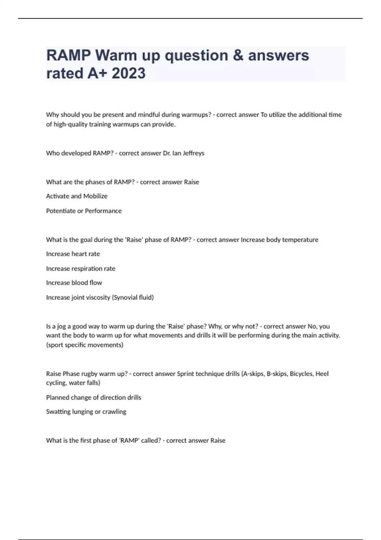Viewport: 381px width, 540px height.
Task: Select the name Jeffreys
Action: [x=193, y=153]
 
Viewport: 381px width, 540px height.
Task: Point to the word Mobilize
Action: [x=95, y=196]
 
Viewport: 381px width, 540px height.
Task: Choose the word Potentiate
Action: [x=61, y=211]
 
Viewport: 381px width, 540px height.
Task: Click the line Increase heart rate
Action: [x=73, y=254]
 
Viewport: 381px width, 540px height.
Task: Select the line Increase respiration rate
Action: [x=81, y=269]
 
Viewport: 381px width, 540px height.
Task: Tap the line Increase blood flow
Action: [x=74, y=283]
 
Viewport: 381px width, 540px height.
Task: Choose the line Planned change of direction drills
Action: [x=94, y=397]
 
